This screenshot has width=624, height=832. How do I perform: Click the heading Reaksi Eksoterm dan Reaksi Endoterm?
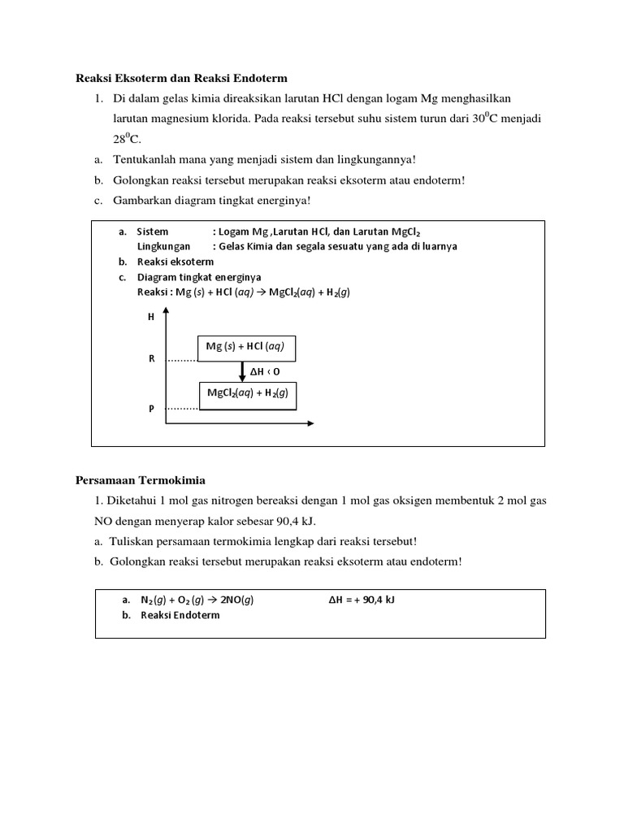tap(181, 79)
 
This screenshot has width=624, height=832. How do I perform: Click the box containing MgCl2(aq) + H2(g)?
tap(247, 395)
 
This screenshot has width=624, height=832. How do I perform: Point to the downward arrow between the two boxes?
tap(242, 371)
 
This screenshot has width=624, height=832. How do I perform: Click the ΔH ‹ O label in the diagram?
tap(265, 371)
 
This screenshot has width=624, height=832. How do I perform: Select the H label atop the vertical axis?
tap(150, 317)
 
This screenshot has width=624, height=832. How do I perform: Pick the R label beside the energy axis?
tap(151, 358)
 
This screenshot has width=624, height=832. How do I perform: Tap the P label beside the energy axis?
tap(151, 409)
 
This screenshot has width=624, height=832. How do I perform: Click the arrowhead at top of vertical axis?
tap(166, 313)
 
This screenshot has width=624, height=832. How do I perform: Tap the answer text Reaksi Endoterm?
tap(180, 615)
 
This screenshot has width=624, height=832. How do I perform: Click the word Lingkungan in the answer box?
tap(163, 246)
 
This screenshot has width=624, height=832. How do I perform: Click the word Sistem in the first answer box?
tap(152, 232)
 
